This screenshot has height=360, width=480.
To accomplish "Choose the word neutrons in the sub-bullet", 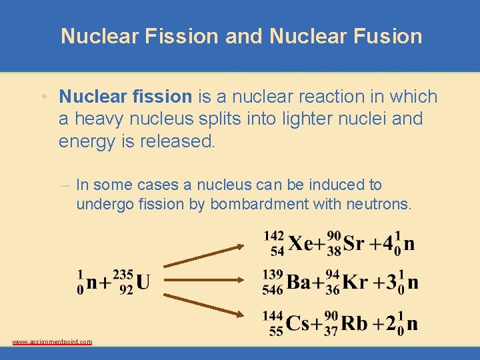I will pos(379,204).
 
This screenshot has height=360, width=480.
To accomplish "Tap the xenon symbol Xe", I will pos(301,243).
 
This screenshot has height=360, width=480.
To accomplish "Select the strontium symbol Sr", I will pos(353,243).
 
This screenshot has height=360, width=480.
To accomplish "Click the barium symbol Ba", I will pos(299,283).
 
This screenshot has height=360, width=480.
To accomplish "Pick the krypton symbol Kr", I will pos(354,283).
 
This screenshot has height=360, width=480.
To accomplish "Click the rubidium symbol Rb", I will pos(354,323).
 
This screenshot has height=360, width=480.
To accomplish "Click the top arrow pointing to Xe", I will pos(205,257).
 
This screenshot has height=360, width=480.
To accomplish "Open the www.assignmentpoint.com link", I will pos(52,342).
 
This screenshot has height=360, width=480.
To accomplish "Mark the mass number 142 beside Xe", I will pos(274,235).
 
